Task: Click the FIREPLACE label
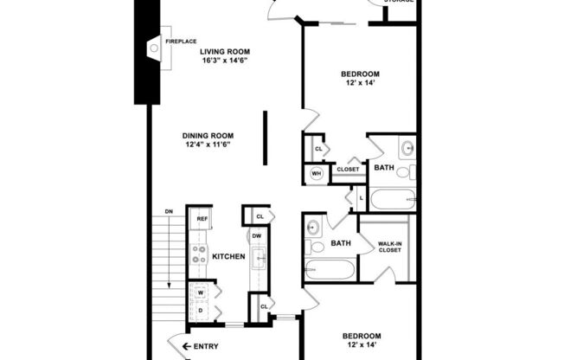click(x=181, y=41)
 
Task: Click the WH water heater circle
click(x=317, y=174)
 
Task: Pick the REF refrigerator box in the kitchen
click(x=202, y=219)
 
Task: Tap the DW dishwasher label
click(x=256, y=235)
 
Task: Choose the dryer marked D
click(x=200, y=310)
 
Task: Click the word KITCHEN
click(x=229, y=257)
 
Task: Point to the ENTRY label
click(x=205, y=347)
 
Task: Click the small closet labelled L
click(x=360, y=198)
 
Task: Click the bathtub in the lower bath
click(x=330, y=270)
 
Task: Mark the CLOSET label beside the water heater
click(x=348, y=169)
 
